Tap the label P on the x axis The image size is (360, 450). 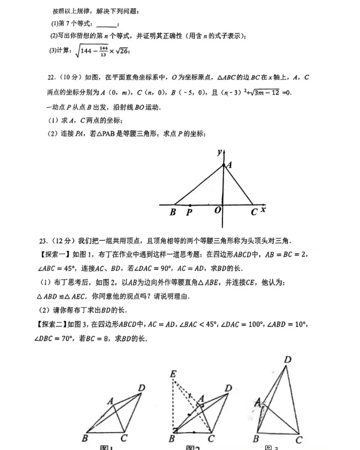[189, 213]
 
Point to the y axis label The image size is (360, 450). [219, 152]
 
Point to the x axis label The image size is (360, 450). [263, 210]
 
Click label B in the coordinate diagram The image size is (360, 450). [173, 212]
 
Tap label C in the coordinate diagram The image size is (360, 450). [254, 212]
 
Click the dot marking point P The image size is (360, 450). [190, 205]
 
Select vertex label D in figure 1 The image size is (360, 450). [141, 388]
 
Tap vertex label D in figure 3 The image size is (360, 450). [287, 360]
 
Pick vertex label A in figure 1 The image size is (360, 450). [110, 401]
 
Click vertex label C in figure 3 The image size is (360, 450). [299, 439]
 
